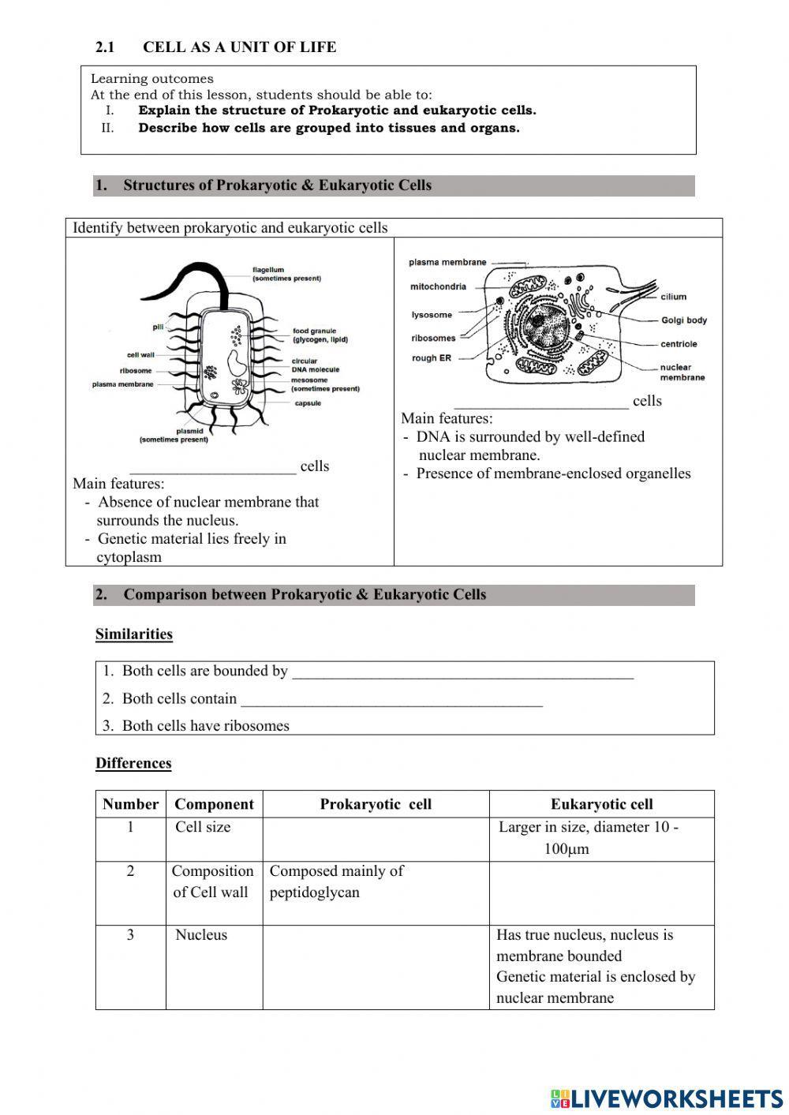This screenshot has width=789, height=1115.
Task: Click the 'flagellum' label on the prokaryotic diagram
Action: click(x=268, y=270)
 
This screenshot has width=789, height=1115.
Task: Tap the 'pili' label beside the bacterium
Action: click(x=158, y=327)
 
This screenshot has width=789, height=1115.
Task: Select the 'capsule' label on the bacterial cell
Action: click(x=308, y=403)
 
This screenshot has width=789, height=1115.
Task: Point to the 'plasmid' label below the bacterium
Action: click(x=189, y=431)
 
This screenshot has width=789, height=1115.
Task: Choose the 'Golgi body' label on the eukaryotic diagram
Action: click(x=683, y=320)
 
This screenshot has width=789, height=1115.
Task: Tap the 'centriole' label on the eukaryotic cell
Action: click(x=679, y=344)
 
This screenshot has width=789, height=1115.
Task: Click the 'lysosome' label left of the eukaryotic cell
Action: click(x=432, y=315)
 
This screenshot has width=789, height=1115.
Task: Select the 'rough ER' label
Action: click(x=431, y=358)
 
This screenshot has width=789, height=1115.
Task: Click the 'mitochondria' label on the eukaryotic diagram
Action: click(x=438, y=286)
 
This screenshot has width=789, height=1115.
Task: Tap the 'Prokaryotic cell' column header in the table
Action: click(x=376, y=804)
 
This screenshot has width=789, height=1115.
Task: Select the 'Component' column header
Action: click(x=214, y=804)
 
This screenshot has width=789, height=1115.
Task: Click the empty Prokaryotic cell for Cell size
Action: click(x=376, y=839)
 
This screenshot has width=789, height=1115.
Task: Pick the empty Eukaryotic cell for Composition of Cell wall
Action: click(x=601, y=892)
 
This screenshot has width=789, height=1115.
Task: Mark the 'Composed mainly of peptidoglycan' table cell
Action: click(x=336, y=881)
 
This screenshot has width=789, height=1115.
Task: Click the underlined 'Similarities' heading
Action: click(x=134, y=634)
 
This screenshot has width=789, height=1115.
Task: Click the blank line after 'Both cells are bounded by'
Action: click(x=462, y=672)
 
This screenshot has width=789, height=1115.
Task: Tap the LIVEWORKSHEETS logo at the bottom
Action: click(x=667, y=1098)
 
